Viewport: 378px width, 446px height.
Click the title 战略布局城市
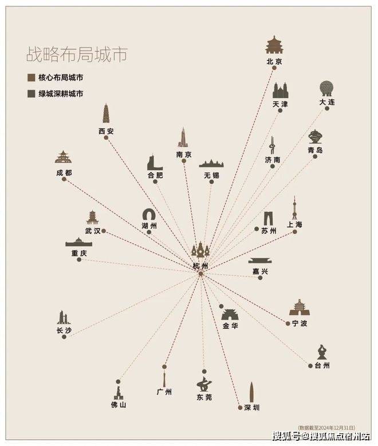[76, 55]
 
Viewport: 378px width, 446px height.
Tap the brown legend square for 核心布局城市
[31, 77]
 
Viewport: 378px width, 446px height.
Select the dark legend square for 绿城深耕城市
[31, 93]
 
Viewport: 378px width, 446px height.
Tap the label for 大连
[327, 102]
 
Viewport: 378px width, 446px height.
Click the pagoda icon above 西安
[106, 114]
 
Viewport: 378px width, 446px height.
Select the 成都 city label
[64, 172]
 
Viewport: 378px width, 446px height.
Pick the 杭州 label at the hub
[200, 266]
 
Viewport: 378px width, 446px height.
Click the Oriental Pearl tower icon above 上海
[294, 209]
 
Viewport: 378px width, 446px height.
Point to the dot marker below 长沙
[64, 337]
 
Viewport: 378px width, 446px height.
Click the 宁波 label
[299, 323]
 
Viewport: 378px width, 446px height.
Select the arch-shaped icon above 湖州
[149, 215]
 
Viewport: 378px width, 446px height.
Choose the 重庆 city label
[78, 253]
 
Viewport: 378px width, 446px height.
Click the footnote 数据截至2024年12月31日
[326, 427]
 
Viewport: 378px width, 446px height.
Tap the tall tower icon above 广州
[164, 378]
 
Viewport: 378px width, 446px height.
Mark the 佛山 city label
[118, 405]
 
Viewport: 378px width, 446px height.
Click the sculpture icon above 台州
[322, 352]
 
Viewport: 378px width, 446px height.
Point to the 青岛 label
[315, 150]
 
